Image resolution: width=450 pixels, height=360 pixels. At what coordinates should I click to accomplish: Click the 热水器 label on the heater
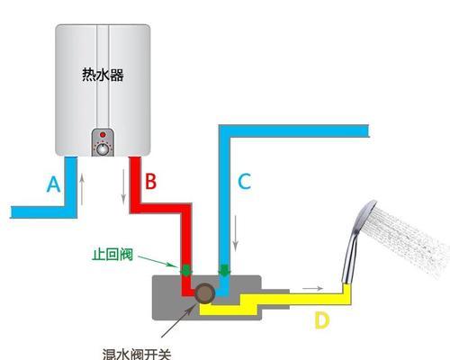[103, 75]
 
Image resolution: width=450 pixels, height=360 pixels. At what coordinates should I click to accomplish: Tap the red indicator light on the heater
[103, 134]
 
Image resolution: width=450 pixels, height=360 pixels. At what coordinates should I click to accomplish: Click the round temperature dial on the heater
[103, 148]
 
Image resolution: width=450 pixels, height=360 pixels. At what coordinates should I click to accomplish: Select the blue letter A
[53, 184]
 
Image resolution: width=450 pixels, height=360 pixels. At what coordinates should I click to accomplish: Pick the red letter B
[150, 181]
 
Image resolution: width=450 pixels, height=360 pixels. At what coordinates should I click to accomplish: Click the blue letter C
[244, 181]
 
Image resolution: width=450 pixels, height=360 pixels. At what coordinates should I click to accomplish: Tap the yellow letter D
[321, 320]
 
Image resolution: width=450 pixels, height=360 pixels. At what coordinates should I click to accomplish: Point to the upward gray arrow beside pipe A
[82, 190]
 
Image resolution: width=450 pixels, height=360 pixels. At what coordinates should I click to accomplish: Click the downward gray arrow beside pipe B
[123, 187]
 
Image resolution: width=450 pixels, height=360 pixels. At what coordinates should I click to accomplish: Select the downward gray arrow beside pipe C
[236, 233]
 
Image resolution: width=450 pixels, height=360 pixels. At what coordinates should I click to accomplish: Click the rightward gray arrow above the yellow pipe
[312, 288]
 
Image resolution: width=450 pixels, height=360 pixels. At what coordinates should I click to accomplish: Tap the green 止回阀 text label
[112, 255]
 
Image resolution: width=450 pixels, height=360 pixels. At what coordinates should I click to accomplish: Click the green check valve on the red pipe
[186, 270]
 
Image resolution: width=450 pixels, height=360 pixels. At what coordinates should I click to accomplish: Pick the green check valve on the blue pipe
[224, 270]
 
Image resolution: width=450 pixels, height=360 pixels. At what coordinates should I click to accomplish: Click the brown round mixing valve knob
[204, 293]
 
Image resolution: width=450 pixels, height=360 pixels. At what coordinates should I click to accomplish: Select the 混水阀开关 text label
[137, 355]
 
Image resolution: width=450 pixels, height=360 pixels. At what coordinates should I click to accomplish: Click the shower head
[360, 241]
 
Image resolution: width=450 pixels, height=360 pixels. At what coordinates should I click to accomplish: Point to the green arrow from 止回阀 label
[157, 262]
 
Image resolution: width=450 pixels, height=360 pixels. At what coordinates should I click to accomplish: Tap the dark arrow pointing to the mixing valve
[177, 320]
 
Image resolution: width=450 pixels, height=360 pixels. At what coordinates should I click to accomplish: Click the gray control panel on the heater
[103, 142]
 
